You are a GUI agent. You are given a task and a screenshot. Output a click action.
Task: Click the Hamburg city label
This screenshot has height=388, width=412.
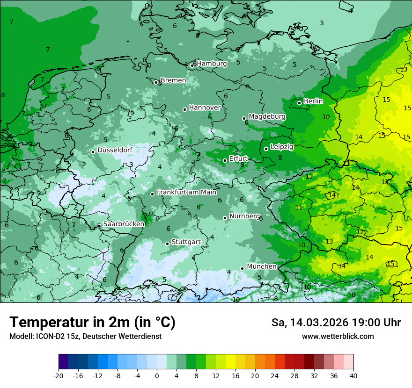click(x=212, y=64)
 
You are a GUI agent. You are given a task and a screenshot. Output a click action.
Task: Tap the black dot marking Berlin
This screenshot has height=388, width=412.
click(x=299, y=103)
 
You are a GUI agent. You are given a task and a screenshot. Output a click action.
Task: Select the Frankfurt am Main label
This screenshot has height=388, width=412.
click(x=186, y=192)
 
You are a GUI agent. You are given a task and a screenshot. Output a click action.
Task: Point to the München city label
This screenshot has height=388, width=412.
click(x=261, y=266)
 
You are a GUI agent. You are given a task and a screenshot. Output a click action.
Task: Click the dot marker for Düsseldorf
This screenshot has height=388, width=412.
click(x=93, y=152)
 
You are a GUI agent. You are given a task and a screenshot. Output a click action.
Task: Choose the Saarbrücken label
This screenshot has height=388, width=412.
click(x=124, y=224)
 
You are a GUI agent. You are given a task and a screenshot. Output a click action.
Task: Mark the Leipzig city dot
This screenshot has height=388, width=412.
click(x=266, y=149)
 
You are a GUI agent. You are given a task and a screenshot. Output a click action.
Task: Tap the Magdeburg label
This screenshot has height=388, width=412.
click(x=267, y=116)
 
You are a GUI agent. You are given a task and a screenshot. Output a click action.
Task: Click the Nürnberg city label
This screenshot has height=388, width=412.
click(x=244, y=216)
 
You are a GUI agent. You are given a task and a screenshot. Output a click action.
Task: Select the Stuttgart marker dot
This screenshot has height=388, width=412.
click(x=167, y=244)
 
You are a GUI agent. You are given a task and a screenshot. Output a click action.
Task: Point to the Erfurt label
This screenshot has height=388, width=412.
click(x=238, y=158)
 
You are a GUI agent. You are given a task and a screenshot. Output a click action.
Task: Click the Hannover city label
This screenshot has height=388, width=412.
click(x=205, y=108)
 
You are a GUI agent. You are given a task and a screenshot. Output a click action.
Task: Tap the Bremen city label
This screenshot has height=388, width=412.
click(x=173, y=80)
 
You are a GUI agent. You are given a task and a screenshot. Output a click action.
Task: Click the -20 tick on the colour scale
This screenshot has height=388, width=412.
click(x=59, y=375)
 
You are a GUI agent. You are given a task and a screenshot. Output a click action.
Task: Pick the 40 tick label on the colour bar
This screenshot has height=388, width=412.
click(x=353, y=375)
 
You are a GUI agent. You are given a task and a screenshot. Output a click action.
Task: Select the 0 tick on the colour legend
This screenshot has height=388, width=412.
click(x=157, y=375)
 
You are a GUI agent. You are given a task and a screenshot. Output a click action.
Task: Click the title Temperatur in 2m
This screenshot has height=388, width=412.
click(x=92, y=323)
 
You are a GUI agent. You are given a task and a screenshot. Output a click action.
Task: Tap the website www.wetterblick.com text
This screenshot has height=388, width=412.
click(x=338, y=336)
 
